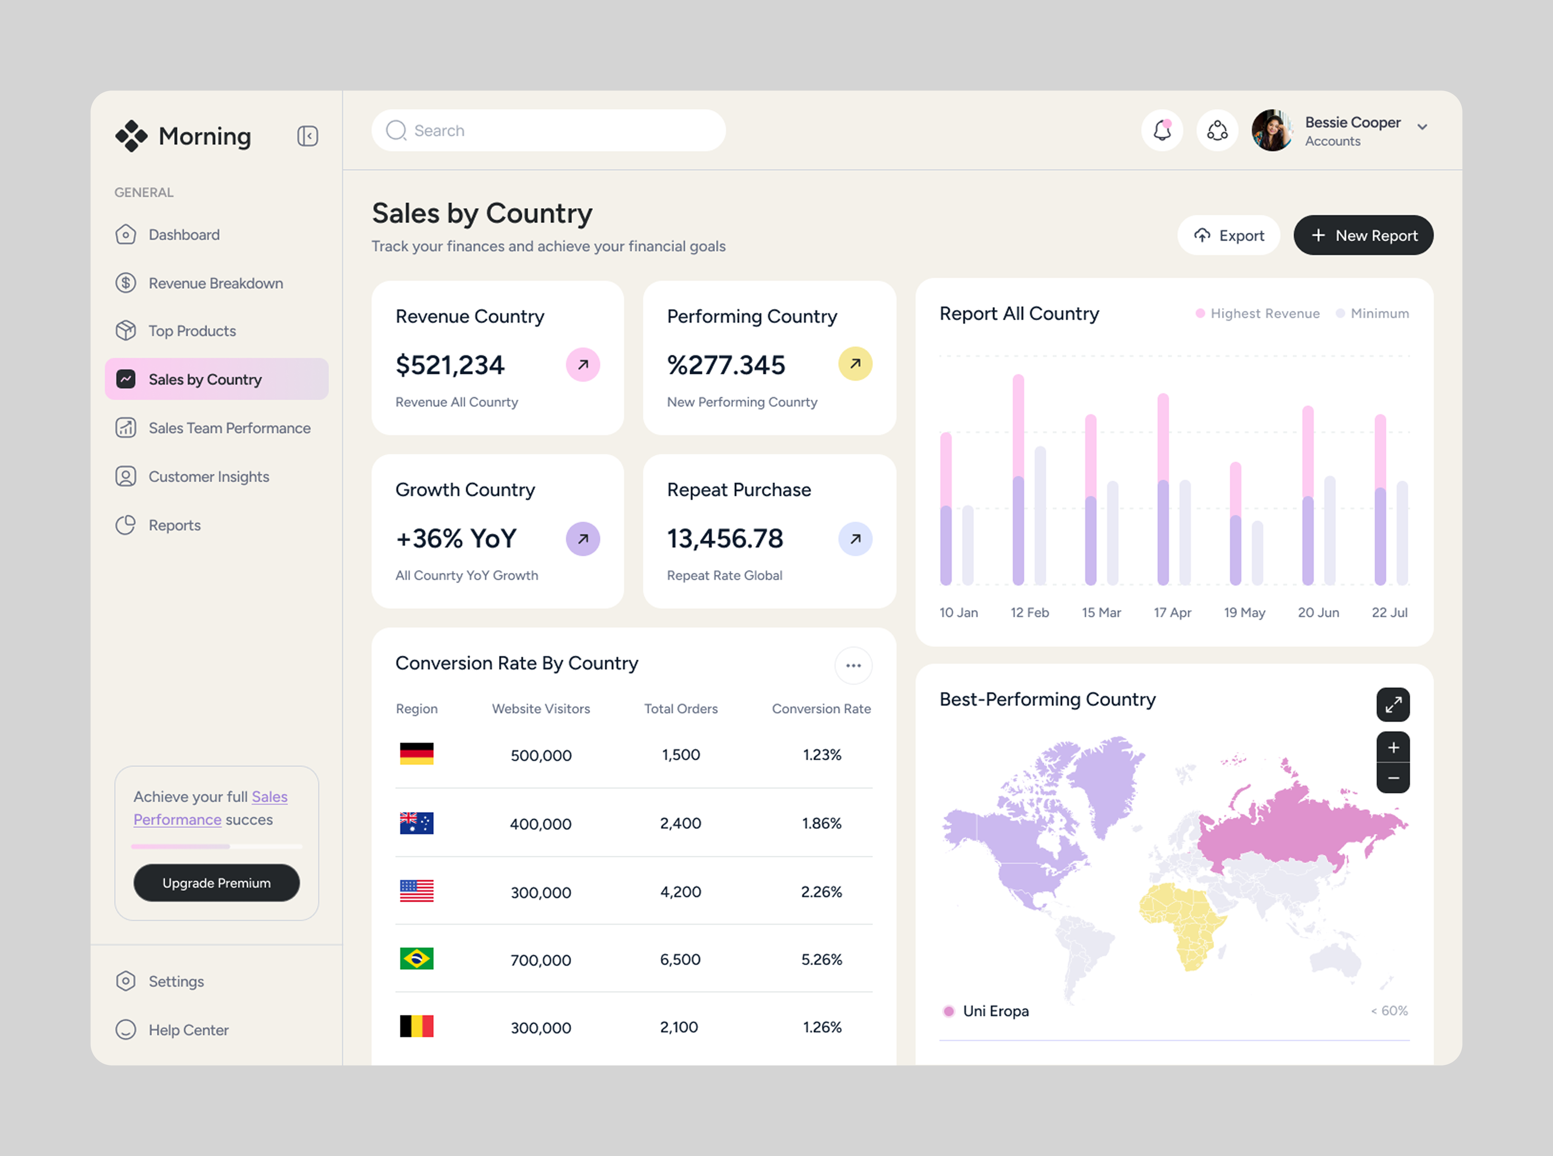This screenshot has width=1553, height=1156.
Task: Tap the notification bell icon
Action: pyautogui.click(x=1162, y=130)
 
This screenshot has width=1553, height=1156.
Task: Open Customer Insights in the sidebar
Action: pyautogui.click(x=209, y=477)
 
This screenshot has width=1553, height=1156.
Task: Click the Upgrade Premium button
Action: pyautogui.click(x=216, y=883)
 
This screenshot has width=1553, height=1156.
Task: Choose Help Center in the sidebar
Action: pyautogui.click(x=188, y=1030)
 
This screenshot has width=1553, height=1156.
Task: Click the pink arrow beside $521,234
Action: pyautogui.click(x=582, y=364)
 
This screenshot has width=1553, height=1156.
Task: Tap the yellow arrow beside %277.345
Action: pyautogui.click(x=855, y=364)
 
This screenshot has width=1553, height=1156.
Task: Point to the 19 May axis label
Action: pyautogui.click(x=1244, y=612)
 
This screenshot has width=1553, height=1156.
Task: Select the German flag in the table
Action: pyautogui.click(x=416, y=754)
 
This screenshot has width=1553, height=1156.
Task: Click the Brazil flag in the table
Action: pyautogui.click(x=416, y=959)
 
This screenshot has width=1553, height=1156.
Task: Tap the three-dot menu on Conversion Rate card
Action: pyautogui.click(x=853, y=665)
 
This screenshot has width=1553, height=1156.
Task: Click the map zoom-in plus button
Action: pyautogui.click(x=1393, y=747)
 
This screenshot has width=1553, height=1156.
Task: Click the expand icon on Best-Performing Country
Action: pyautogui.click(x=1393, y=704)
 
